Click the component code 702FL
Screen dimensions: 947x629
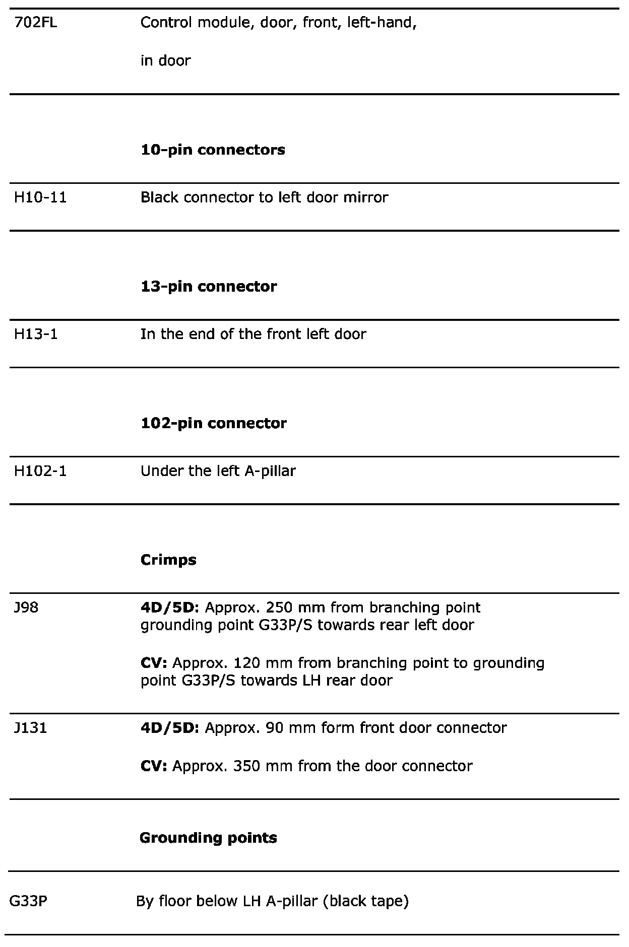[x=35, y=23]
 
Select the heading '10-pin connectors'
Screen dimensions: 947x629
[x=213, y=150]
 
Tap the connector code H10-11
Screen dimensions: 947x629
[x=40, y=197]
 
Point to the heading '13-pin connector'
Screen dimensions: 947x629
[x=209, y=286]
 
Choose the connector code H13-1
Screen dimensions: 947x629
[x=36, y=334]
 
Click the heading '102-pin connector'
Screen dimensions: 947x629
[x=213, y=423]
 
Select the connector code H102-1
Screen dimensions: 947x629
[x=40, y=471]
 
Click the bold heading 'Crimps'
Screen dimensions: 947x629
[x=168, y=560]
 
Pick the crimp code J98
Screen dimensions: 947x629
[x=26, y=607]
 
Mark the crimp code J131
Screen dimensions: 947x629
[x=31, y=728]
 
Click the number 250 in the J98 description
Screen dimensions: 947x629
[x=279, y=607]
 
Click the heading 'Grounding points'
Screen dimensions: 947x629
[x=208, y=838]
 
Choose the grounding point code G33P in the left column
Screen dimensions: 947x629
[x=28, y=901]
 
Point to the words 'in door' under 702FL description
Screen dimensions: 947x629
[x=165, y=61]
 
